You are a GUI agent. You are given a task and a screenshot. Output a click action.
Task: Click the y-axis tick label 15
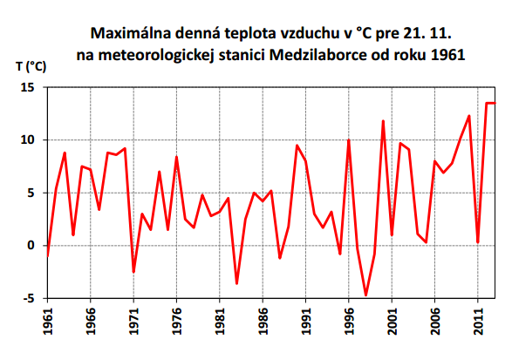(27, 87)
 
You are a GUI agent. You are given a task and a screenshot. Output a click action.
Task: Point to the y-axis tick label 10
(27, 140)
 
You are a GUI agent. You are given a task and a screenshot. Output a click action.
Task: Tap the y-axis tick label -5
(28, 298)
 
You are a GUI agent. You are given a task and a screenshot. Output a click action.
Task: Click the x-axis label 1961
(47, 323)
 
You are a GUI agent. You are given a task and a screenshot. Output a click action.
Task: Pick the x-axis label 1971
(133, 323)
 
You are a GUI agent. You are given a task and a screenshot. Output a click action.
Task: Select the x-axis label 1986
(263, 323)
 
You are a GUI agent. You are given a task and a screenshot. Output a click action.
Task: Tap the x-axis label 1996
(349, 323)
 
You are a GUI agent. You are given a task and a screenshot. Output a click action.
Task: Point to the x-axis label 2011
(478, 323)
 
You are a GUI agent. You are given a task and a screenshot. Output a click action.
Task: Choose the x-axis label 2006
(434, 323)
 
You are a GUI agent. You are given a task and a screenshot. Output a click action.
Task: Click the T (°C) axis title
(31, 66)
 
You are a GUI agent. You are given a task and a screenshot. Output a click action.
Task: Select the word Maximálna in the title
(132, 34)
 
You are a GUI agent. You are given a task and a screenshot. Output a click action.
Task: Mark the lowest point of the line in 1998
(366, 295)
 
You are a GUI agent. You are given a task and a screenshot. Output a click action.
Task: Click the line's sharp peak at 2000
(383, 121)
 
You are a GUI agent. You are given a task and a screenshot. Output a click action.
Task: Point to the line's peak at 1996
(349, 140)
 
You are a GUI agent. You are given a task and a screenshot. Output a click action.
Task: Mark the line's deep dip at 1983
(236, 283)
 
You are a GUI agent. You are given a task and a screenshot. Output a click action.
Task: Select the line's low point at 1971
(133, 272)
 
